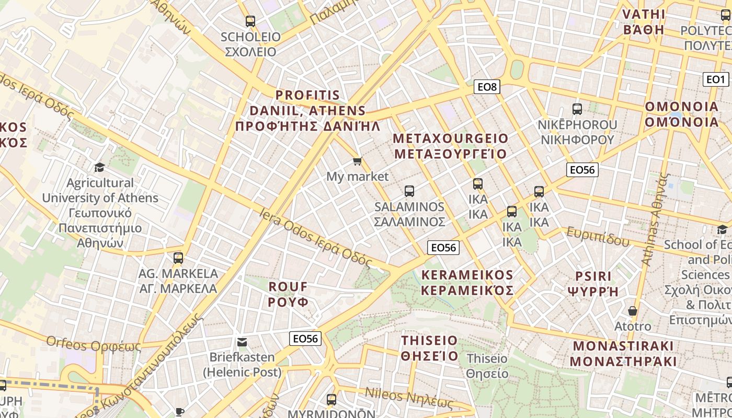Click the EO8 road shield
point(487,87)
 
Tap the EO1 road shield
point(716,79)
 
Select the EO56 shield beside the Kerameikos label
point(443,248)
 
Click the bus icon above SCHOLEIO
point(250,21)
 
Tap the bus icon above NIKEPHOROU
point(577,109)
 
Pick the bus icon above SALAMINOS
point(409,191)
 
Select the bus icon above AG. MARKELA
point(178,258)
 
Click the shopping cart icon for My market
point(358,161)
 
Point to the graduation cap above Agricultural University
point(99,167)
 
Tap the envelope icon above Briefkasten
point(242,342)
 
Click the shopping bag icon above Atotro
point(633,311)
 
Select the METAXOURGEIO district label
point(450,146)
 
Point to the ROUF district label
point(288,294)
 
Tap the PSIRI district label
point(593,284)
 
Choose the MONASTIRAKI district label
point(623,353)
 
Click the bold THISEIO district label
point(429,349)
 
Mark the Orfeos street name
point(94,344)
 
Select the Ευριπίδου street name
point(598,237)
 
